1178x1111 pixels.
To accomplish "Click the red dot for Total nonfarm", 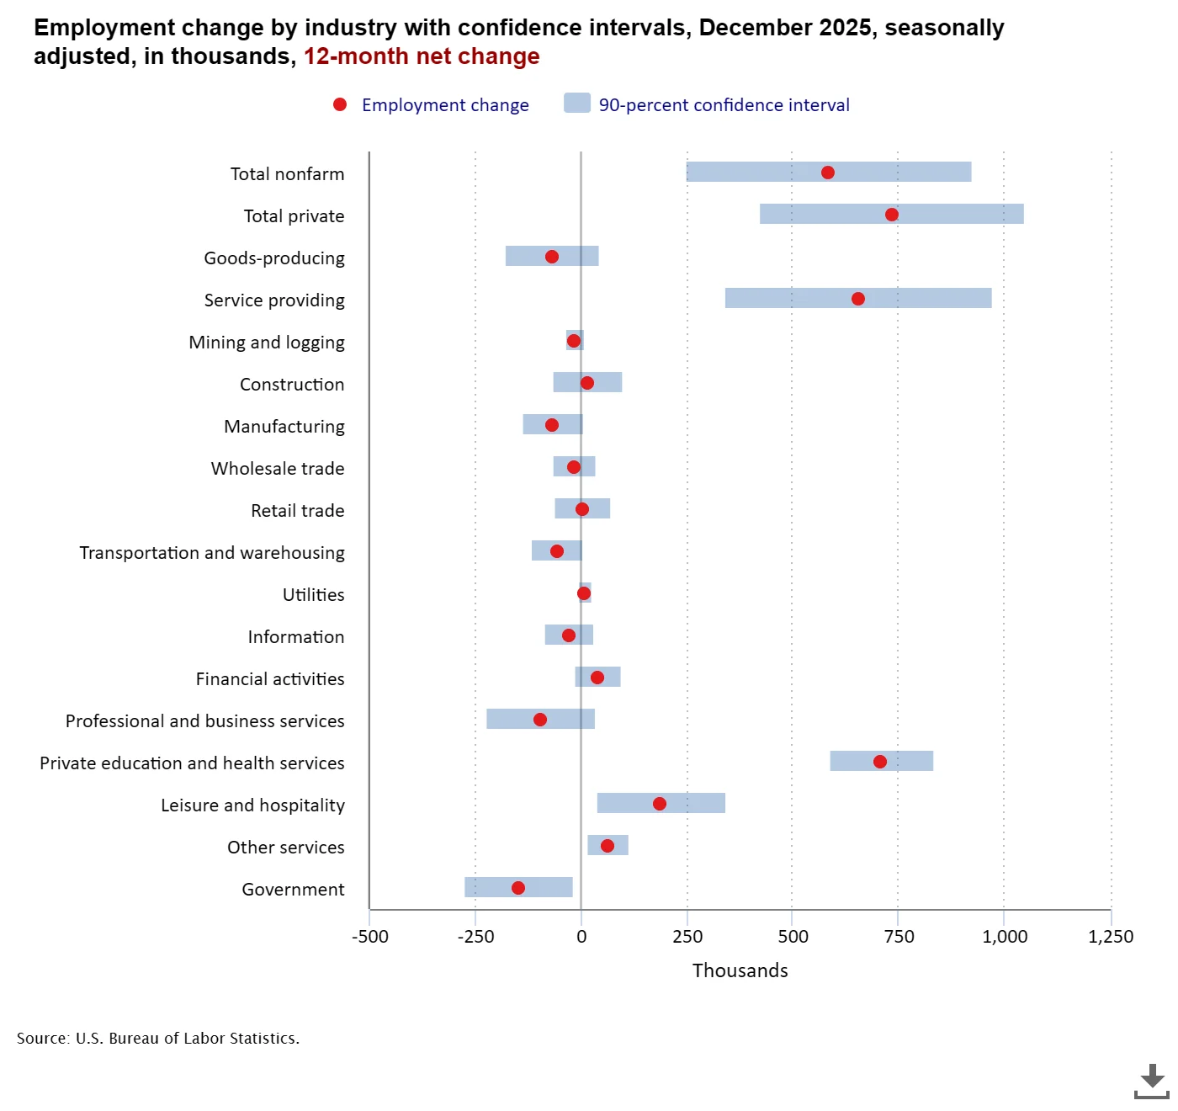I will [828, 173].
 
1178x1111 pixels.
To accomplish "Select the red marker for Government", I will [518, 888].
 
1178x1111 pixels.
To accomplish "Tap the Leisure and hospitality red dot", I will [660, 804].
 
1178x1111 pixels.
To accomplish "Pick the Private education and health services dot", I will [880, 762].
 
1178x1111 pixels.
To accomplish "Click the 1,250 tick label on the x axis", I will [1111, 937].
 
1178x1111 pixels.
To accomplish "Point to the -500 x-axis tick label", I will [370, 937].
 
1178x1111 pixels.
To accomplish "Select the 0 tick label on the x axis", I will [581, 937].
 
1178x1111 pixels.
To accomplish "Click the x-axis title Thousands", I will [740, 970].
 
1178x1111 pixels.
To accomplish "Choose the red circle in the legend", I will [340, 104].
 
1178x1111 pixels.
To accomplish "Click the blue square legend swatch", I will [577, 104].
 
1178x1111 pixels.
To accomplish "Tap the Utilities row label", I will [314, 595].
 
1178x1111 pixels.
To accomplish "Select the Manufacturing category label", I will [284, 427].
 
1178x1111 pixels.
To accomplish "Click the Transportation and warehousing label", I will [212, 553].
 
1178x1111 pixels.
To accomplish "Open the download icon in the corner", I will [1151, 1082].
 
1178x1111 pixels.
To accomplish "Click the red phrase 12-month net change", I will [422, 56].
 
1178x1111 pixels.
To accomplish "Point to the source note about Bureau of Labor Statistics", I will [158, 1039].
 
